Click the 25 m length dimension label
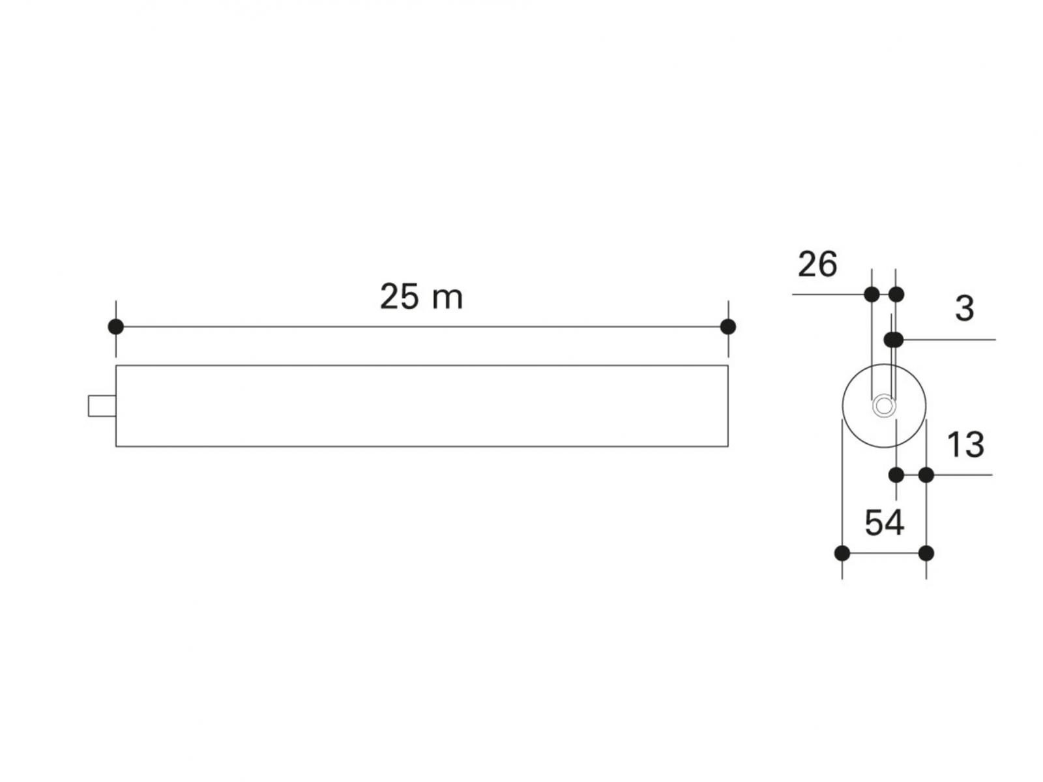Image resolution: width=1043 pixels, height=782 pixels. coord(420,297)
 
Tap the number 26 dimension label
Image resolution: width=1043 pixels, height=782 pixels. coord(817,265)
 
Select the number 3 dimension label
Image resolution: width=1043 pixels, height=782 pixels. coord(965,309)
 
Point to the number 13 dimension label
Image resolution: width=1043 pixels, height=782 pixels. coord(965,445)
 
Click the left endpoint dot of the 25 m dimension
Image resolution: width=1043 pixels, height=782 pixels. coord(116,326)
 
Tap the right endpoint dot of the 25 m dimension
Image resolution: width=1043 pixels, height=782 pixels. coord(728,326)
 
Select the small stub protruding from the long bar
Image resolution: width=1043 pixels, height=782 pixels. coord(102,406)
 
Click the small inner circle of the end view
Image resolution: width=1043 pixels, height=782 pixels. coord(883,406)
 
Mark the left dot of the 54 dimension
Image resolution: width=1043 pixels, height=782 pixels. coord(842,553)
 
